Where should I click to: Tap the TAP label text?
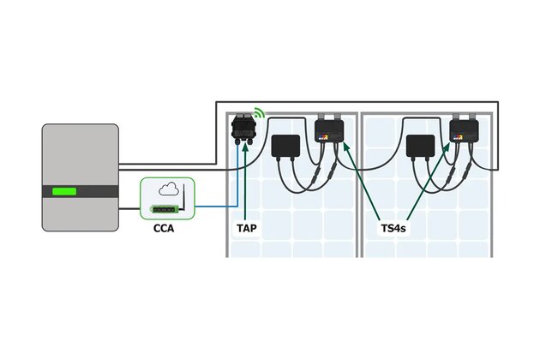[x=247, y=230]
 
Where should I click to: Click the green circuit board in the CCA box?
[x=167, y=208]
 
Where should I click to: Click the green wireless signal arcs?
[x=260, y=113]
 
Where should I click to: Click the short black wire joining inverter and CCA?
[x=129, y=208]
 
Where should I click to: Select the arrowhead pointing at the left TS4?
[x=344, y=145]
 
